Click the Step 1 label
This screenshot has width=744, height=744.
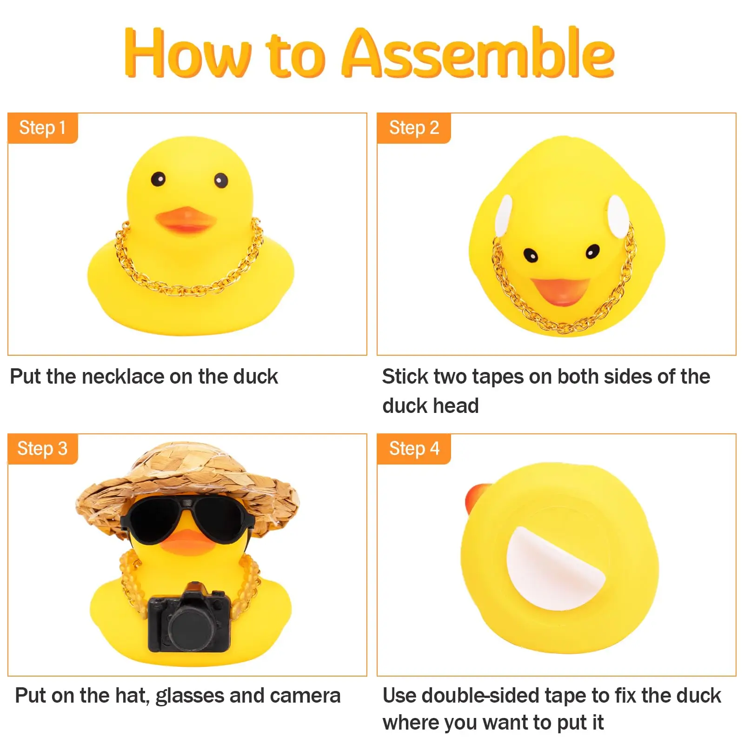[x=42, y=128]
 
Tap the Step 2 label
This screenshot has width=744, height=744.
[x=414, y=128]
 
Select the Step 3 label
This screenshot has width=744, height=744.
[x=42, y=449]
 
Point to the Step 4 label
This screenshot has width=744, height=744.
[x=414, y=449]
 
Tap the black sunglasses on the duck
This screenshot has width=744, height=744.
[x=186, y=520]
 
